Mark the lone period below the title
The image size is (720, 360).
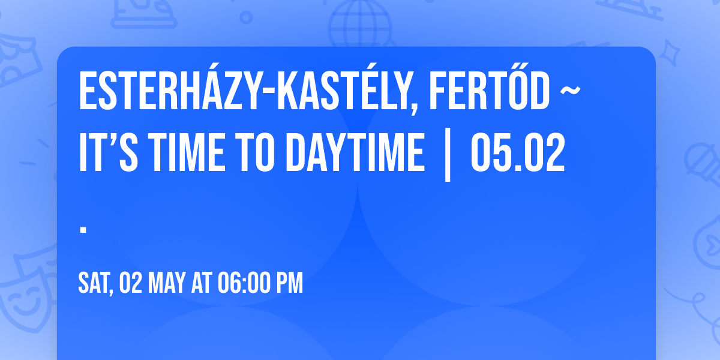(x=83, y=229)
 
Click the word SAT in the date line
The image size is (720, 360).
(x=95, y=283)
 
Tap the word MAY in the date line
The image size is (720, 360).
(x=166, y=283)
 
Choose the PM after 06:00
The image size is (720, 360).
(x=290, y=283)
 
